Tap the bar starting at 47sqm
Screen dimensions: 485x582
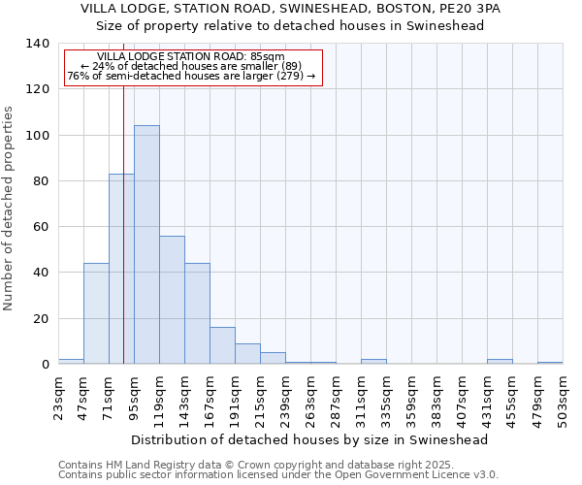click(x=96, y=313)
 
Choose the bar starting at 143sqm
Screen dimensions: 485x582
click(x=197, y=313)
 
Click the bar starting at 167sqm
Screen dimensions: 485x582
click(x=222, y=345)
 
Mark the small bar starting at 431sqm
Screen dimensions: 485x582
click(x=500, y=362)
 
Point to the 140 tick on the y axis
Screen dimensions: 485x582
click(x=37, y=44)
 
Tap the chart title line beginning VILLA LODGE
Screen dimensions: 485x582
click(x=290, y=8)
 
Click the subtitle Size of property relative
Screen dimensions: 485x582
click(x=290, y=25)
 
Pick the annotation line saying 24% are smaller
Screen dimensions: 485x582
click(x=191, y=66)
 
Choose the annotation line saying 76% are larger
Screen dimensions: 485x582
click(x=191, y=76)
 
